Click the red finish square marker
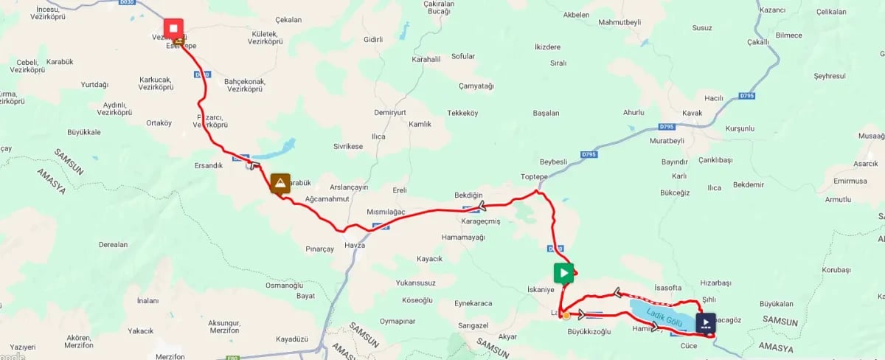click(174, 29)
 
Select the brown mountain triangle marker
click(280, 183)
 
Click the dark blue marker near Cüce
click(705, 323)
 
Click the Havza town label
click(355, 245)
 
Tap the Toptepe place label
click(535, 177)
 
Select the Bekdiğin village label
click(468, 194)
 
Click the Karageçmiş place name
click(480, 221)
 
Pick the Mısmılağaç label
click(386, 212)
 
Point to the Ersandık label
click(207, 165)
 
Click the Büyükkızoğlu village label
click(589, 331)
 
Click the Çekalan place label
click(288, 20)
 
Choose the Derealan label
click(113, 244)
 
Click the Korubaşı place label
click(836, 270)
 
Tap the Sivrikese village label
click(348, 146)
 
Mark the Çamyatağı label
click(476, 86)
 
